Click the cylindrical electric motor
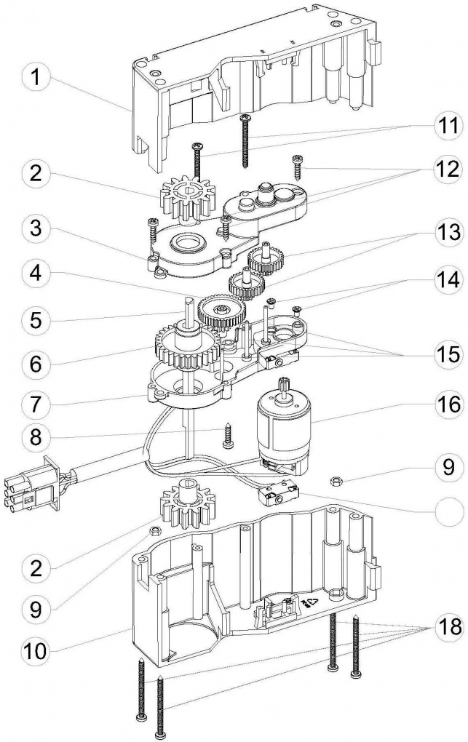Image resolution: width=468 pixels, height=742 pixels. click(281, 429)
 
